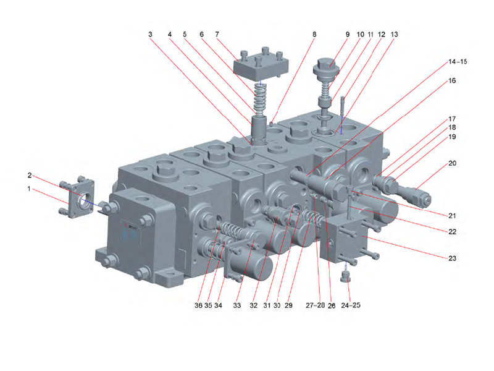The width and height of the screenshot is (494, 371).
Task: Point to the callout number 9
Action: point(347,35)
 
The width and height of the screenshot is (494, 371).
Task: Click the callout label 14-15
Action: point(458,62)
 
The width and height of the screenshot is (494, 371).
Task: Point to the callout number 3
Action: point(150,35)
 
